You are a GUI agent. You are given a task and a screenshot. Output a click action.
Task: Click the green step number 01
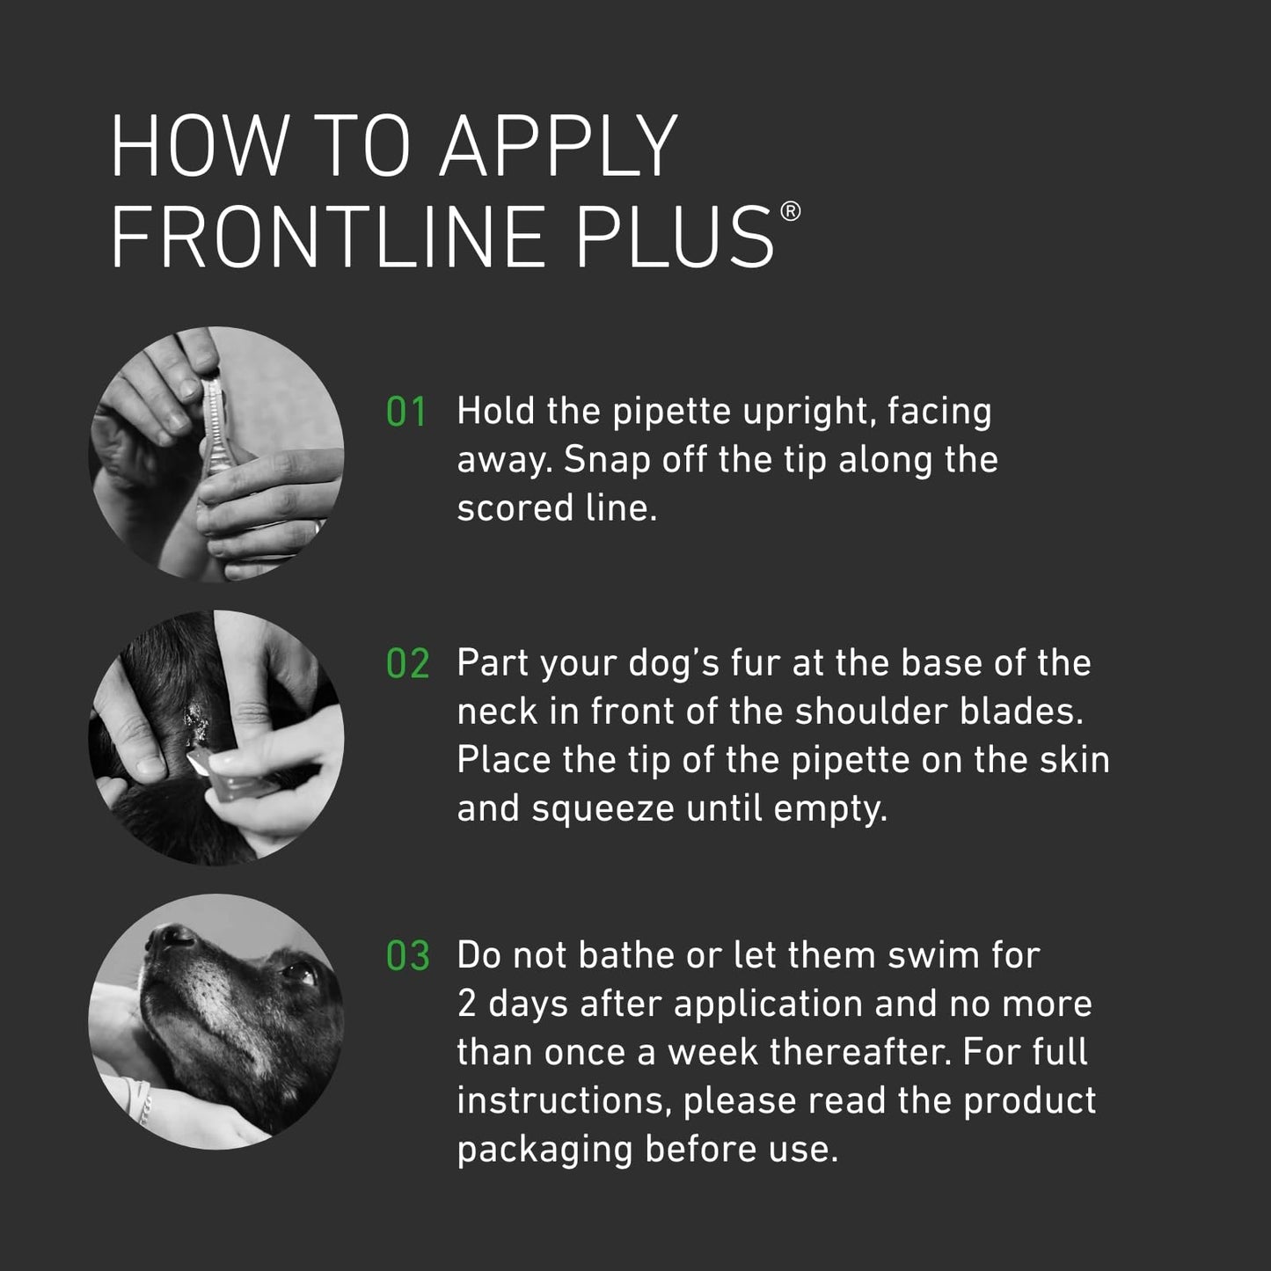tap(406, 413)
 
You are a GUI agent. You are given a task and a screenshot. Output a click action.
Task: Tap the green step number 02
tap(407, 664)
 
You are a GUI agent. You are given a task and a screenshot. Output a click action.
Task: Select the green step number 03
tap(407, 957)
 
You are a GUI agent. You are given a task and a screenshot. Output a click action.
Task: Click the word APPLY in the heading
tap(559, 146)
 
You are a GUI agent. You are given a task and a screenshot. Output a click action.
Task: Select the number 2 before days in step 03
tap(467, 1004)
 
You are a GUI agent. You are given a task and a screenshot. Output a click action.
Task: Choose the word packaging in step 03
tap(544, 1150)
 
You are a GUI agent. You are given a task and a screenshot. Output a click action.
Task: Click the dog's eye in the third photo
tap(298, 973)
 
